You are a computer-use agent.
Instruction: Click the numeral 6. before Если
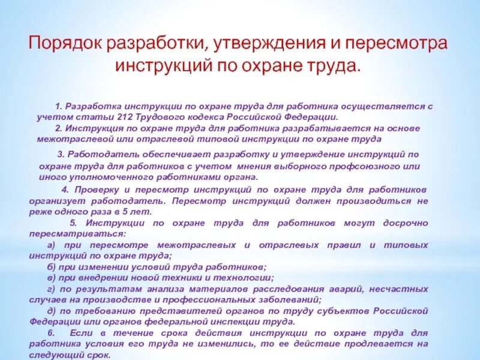51,332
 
